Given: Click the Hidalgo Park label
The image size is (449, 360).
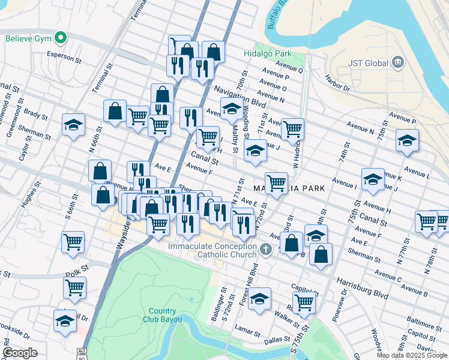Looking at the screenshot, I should (x=267, y=53).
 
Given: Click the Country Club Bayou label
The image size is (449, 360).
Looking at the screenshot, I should (x=162, y=315).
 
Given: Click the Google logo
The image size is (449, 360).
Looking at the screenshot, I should (x=20, y=353).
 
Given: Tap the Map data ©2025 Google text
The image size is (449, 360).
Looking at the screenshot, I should (x=412, y=355).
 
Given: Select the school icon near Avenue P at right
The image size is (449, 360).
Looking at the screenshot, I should (x=407, y=140).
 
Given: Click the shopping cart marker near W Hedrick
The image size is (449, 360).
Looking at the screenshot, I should (x=292, y=128).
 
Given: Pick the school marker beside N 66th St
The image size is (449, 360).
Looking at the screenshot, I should (x=74, y=125).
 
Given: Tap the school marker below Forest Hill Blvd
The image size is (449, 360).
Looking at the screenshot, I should (x=260, y=299).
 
